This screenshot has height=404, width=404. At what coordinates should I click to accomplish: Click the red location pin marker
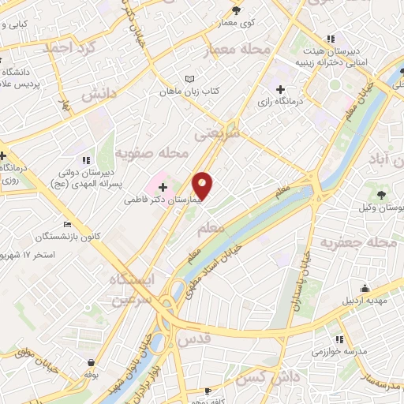pyautogui.click(x=204, y=185)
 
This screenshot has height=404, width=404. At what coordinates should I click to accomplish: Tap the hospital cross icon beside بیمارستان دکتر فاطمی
pyautogui.click(x=163, y=188)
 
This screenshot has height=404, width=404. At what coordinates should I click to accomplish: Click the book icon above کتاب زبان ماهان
pyautogui.click(x=189, y=80)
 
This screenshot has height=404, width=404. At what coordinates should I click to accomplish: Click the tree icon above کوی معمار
pyautogui.click(x=236, y=10)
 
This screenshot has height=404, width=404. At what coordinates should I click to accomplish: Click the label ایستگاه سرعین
pyautogui.click(x=137, y=289)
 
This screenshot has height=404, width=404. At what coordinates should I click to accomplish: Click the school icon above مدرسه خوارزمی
pyautogui.click(x=340, y=337)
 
